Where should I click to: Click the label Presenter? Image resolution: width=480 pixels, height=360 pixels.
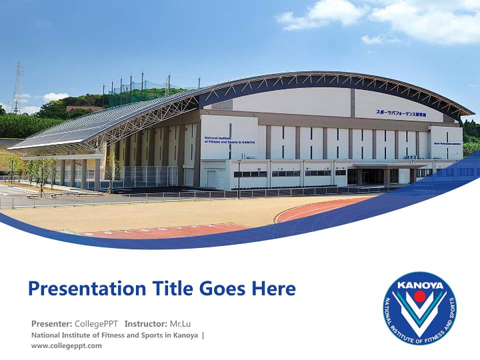[x=51, y=323]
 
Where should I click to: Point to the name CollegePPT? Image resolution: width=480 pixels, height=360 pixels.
[x=96, y=323]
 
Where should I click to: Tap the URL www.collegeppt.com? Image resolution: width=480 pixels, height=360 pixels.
[x=66, y=345]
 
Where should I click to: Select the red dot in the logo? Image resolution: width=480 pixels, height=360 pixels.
[x=419, y=296]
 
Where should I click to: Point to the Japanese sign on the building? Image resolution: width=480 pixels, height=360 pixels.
[x=401, y=113]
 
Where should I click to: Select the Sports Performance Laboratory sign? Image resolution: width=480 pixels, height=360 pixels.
[x=447, y=143]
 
